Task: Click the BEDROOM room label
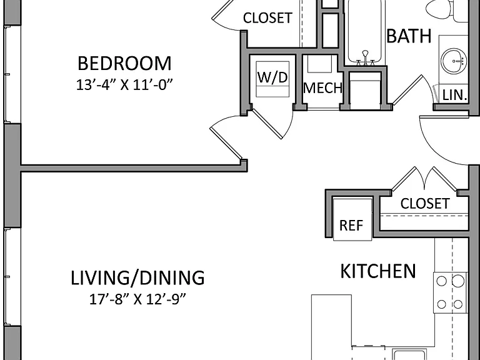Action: (124, 63)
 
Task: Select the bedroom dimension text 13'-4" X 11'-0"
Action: (124, 85)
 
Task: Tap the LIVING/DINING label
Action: (137, 277)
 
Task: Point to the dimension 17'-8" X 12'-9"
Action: (137, 299)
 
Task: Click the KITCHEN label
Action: (378, 271)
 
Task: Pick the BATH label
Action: (409, 36)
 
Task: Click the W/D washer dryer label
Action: (272, 77)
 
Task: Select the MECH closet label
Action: (322, 88)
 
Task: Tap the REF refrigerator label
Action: (351, 226)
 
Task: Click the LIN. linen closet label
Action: (455, 95)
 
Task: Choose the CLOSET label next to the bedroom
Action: (267, 18)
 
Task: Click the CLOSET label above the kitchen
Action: (425, 204)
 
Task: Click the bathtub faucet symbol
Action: (365, 58)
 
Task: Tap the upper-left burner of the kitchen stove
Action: (441, 281)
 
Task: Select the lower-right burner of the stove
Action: (458, 304)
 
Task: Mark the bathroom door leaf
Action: (407, 89)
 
